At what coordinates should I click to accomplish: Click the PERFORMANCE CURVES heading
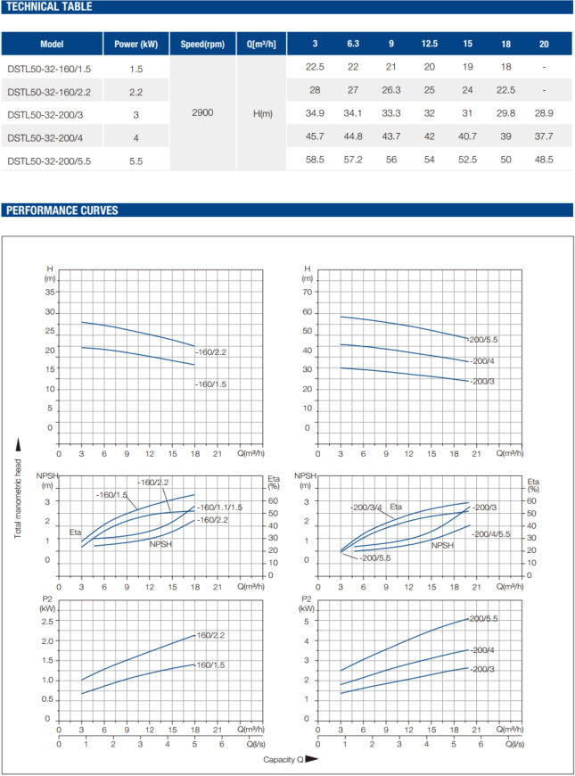tap(62, 211)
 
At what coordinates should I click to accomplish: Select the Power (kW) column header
tap(136, 44)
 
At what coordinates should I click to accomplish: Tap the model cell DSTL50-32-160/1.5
tap(49, 68)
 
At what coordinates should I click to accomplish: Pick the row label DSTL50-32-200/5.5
tap(49, 161)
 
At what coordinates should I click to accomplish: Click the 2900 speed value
tap(202, 114)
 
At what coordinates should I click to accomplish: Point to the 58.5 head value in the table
tap(315, 160)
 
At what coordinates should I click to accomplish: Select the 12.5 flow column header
tap(429, 44)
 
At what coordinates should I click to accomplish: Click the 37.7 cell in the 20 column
tap(544, 136)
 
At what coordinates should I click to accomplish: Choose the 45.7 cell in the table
tap(315, 136)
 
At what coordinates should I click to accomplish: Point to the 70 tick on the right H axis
tap(308, 292)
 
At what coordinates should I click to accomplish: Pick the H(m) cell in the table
tap(263, 114)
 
